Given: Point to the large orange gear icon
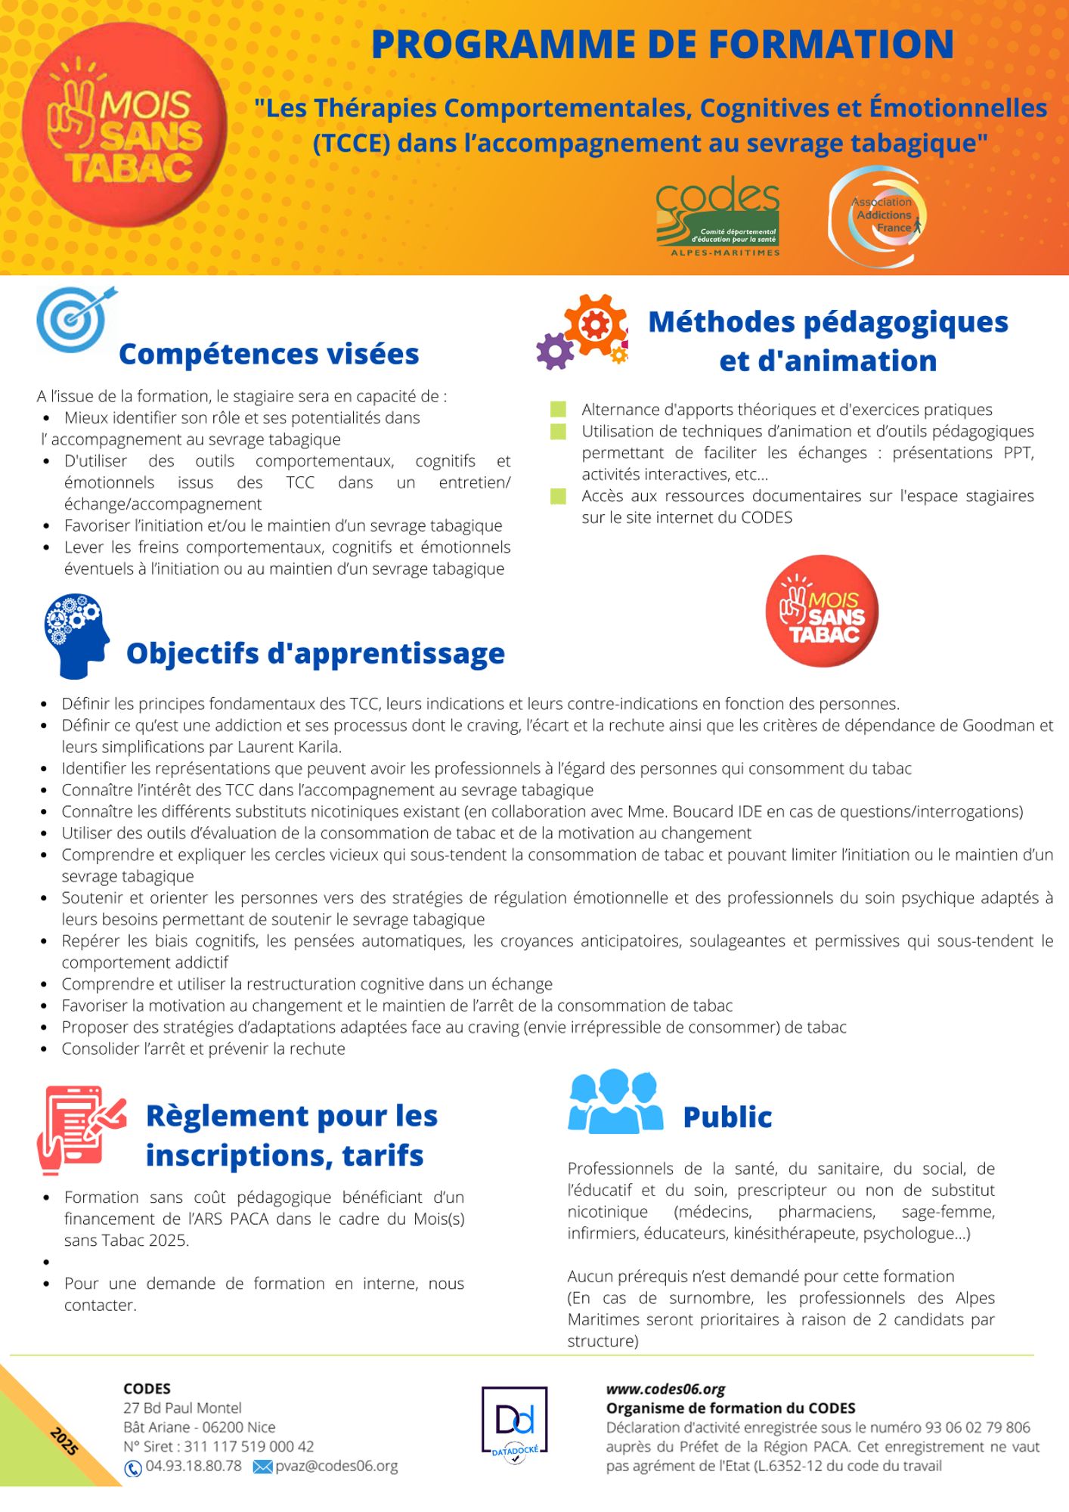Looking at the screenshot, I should [x=596, y=324].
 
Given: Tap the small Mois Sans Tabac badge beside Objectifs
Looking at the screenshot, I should [x=822, y=611].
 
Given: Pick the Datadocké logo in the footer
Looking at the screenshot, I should [x=514, y=1424].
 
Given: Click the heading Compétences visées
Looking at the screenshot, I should [x=268, y=354].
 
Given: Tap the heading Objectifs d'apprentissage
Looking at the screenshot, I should [x=315, y=653].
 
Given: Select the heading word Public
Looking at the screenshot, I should [x=727, y=1117].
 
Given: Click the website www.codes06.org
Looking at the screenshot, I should [x=665, y=1389].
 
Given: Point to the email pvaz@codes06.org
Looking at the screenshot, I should [x=336, y=1466].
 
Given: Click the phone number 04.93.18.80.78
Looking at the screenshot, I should [x=194, y=1466].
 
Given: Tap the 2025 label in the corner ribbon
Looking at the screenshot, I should [x=64, y=1441].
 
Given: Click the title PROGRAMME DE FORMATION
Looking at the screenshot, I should [x=662, y=44].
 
